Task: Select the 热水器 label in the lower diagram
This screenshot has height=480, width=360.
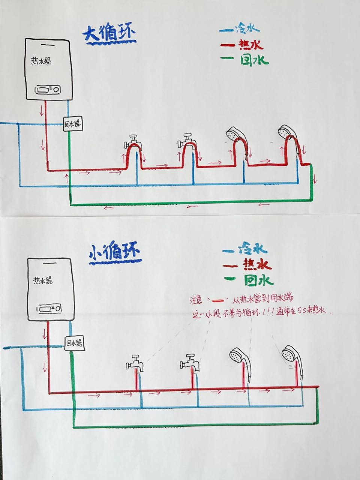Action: (x=43, y=280)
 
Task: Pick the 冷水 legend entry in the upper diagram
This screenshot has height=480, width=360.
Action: (x=240, y=28)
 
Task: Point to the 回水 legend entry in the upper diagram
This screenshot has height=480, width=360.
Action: (x=245, y=60)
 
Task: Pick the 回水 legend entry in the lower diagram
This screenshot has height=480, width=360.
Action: (x=248, y=279)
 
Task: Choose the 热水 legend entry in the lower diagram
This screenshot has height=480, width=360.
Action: (x=246, y=265)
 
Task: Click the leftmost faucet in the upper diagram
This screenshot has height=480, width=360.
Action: (x=132, y=141)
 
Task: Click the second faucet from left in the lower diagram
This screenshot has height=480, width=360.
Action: (x=189, y=361)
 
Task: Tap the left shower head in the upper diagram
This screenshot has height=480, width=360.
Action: (x=235, y=133)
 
